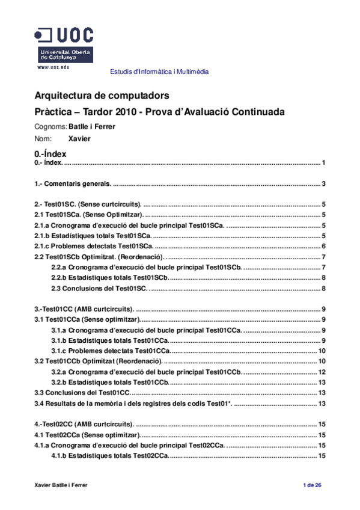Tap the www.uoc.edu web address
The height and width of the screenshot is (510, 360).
53,67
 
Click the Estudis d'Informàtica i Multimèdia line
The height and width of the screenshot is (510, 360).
159,72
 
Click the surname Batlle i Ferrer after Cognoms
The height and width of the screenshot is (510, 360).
91,127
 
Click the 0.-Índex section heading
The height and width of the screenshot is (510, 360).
50,154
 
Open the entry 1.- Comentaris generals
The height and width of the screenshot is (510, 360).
73,184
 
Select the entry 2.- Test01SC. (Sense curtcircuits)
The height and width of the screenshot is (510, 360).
88,204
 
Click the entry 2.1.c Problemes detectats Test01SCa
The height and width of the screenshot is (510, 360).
94,246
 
